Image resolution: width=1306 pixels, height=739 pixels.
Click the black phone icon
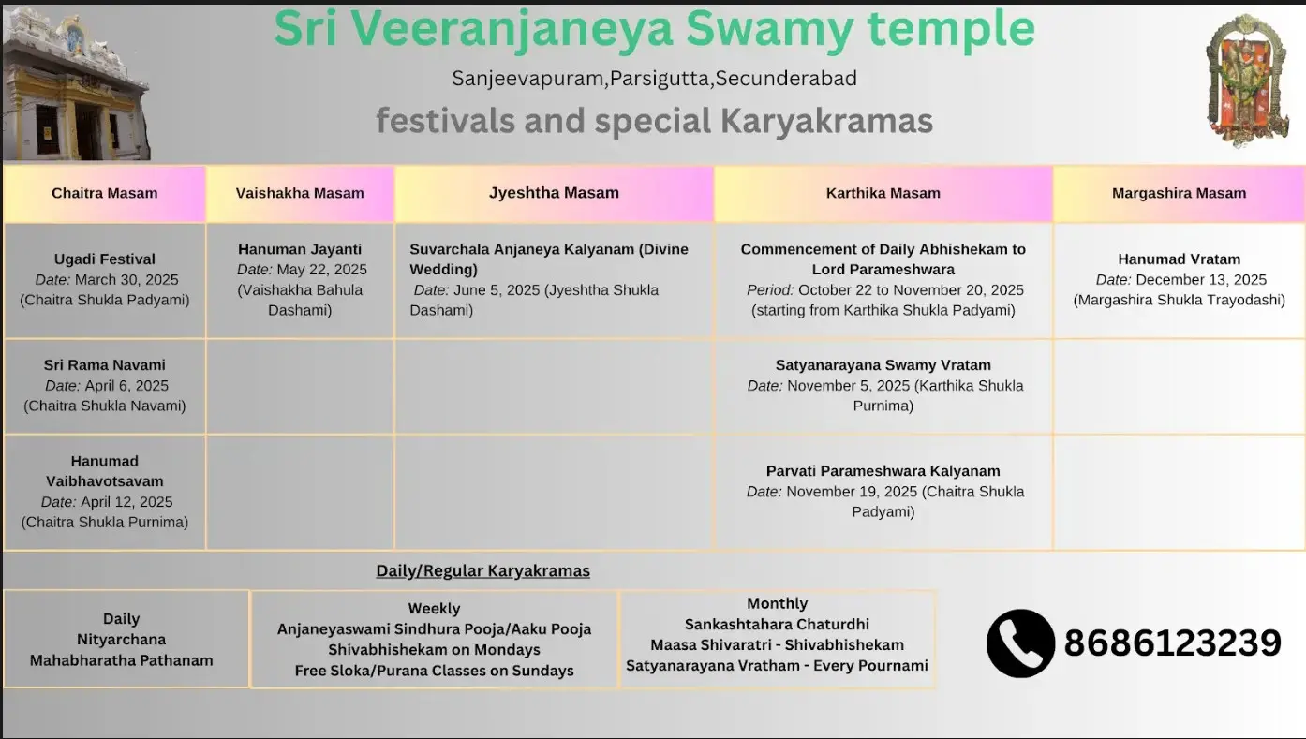pyautogui.click(x=1020, y=643)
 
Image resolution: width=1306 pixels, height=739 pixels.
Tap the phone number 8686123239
pyautogui.click(x=1172, y=643)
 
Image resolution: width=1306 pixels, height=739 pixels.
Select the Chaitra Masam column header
pyautogui.click(x=104, y=194)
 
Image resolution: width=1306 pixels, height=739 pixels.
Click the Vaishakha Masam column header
pyautogui.click(x=300, y=194)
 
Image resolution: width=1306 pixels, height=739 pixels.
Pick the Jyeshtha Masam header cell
pyautogui.click(x=554, y=194)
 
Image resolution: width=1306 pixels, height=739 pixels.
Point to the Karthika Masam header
pyautogui.click(x=883, y=194)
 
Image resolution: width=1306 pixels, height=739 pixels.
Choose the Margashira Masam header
pyautogui.click(x=1179, y=194)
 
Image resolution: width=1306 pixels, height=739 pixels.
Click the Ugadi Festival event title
pyautogui.click(x=105, y=259)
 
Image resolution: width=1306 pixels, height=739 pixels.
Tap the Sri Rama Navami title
pyautogui.click(x=105, y=365)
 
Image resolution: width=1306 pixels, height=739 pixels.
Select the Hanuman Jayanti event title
pyautogui.click(x=300, y=249)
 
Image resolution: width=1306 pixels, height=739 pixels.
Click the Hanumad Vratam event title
pyautogui.click(x=1179, y=259)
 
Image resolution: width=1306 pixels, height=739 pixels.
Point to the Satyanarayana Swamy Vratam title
pyautogui.click(x=883, y=365)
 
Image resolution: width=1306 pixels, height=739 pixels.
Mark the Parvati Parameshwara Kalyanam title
pyautogui.click(x=883, y=471)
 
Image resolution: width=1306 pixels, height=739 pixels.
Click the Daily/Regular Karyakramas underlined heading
pyautogui.click(x=482, y=571)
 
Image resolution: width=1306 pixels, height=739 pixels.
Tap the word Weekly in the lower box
pyautogui.click(x=435, y=609)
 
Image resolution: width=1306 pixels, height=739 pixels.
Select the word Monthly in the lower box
pyautogui.click(x=778, y=603)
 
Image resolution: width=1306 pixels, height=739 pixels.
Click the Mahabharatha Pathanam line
pyautogui.click(x=121, y=660)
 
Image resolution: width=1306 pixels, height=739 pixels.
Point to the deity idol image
pyautogui.click(x=1247, y=81)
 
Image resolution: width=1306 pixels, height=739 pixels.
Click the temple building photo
pyautogui.click(x=76, y=83)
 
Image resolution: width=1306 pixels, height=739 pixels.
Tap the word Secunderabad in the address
pyautogui.click(x=786, y=78)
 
